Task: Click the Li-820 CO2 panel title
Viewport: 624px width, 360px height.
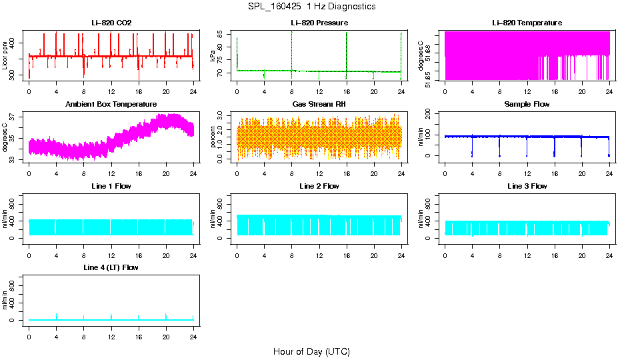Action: point(111,23)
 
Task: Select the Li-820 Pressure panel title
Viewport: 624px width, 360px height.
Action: point(319,23)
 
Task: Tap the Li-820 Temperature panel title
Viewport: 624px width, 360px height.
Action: point(527,23)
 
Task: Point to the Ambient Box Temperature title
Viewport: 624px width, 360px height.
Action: point(111,105)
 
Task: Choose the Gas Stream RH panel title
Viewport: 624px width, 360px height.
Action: point(319,105)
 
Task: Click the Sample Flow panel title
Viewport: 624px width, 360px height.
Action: point(527,105)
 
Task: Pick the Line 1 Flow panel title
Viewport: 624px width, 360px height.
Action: point(111,186)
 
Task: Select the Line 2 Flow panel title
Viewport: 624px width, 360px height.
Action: point(319,186)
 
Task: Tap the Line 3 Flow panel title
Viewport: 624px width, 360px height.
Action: point(527,186)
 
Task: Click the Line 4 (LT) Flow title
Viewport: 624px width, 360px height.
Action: point(111,267)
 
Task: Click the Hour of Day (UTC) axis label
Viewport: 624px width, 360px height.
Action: point(311,351)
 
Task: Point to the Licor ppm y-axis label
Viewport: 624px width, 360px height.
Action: point(5,55)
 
